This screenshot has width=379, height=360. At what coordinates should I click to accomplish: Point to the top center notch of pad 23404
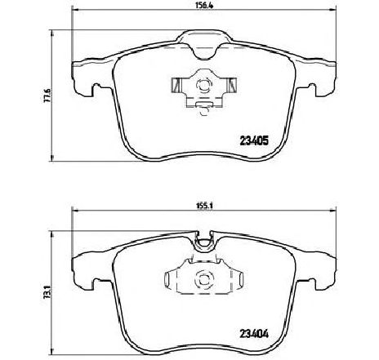[x=204, y=238]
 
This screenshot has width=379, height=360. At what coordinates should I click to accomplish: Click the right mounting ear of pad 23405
[x=321, y=78]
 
